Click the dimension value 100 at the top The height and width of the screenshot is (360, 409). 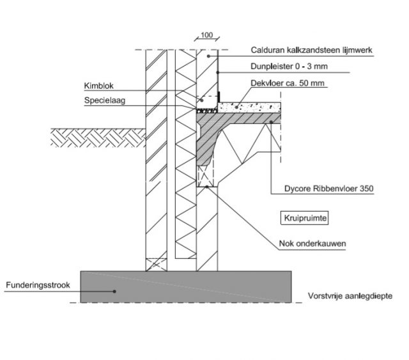[x=206, y=35]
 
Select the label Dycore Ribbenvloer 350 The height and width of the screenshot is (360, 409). [x=328, y=189]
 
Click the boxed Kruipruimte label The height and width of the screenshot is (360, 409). [x=305, y=217]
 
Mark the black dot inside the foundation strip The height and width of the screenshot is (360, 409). [x=116, y=291]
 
